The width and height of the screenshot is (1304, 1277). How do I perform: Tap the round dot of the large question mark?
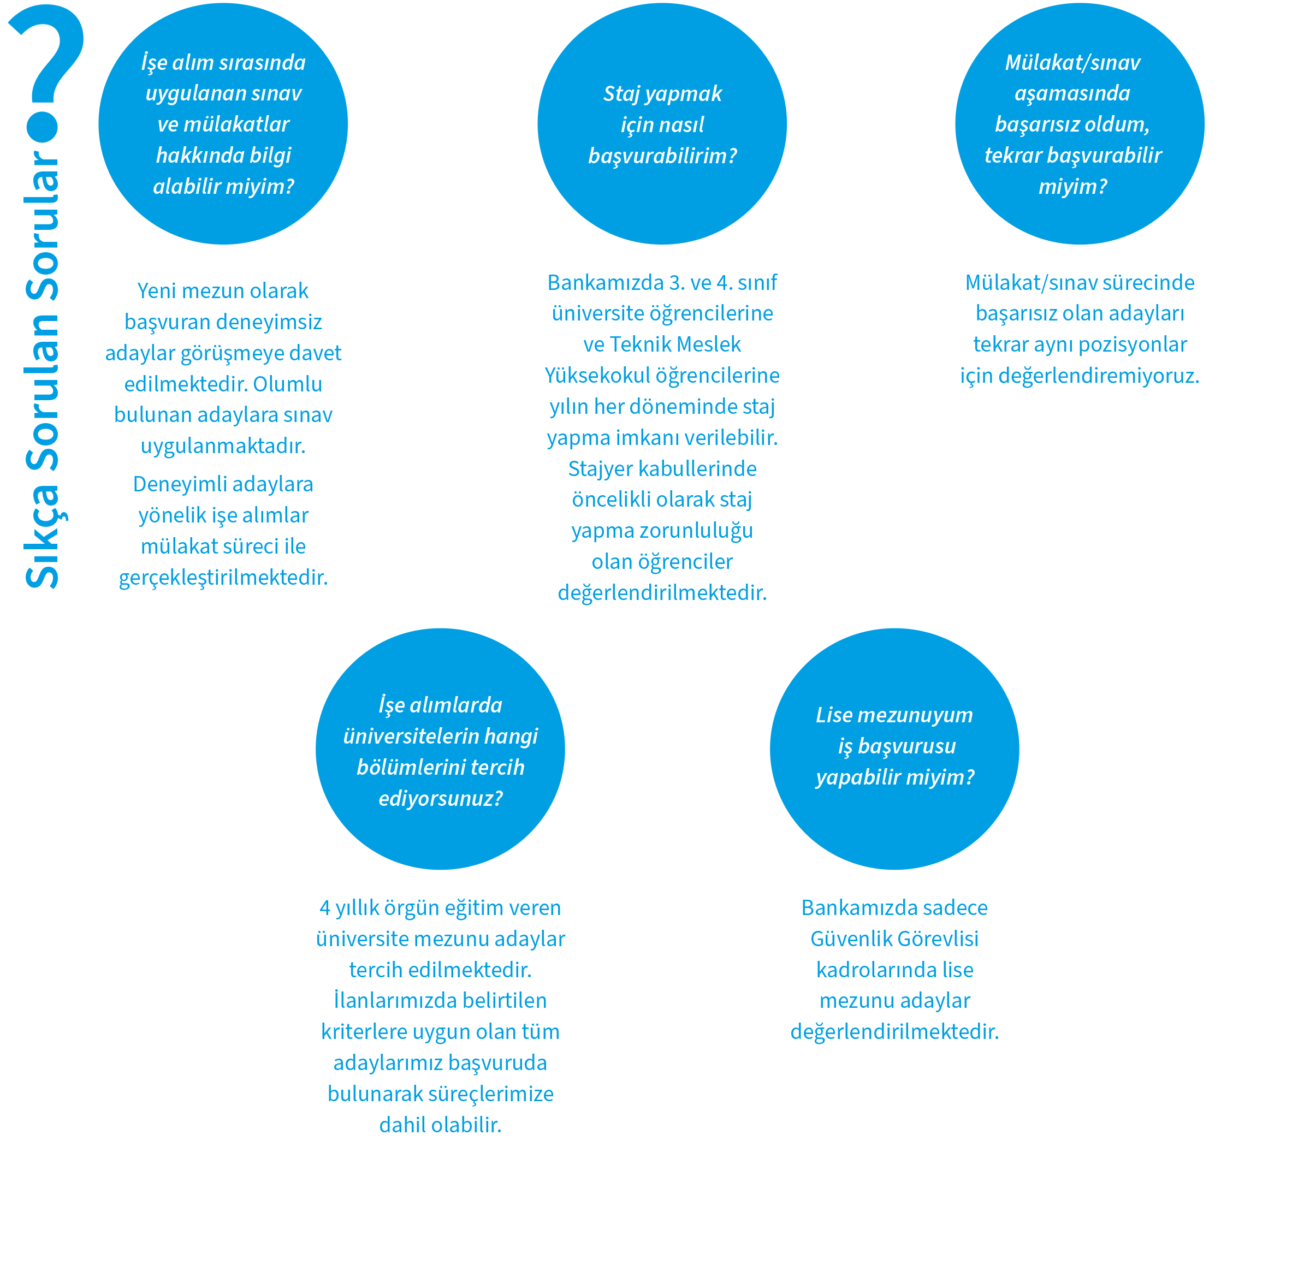44,126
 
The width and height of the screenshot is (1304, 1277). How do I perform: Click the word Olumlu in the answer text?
287,384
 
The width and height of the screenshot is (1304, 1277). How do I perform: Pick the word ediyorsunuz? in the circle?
440,799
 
